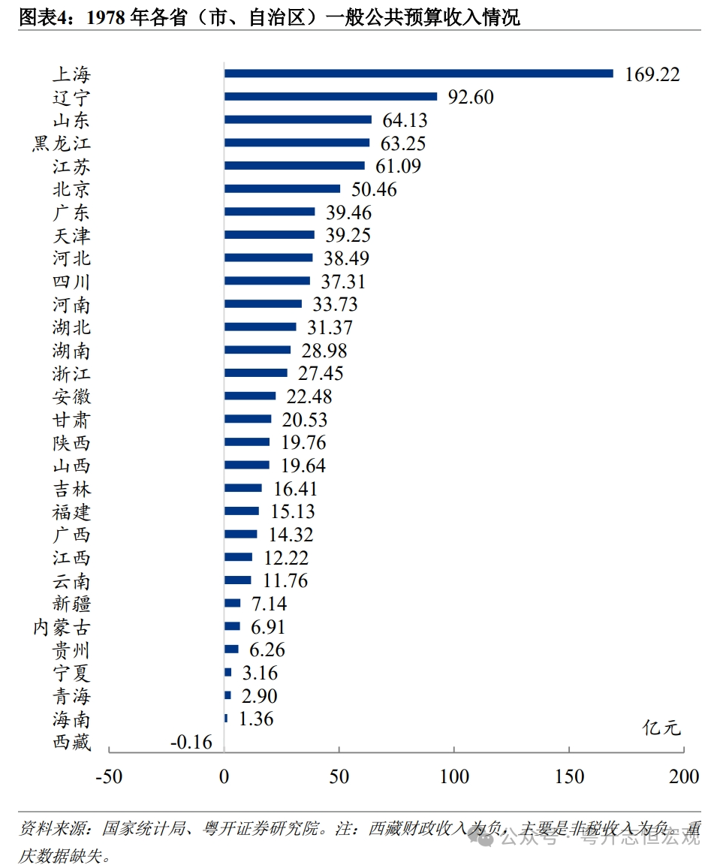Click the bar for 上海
click(418, 74)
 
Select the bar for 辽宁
click(330, 96)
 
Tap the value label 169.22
click(652, 74)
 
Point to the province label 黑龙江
click(62, 143)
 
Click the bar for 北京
click(282, 188)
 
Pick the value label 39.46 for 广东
click(348, 212)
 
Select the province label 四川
click(72, 281)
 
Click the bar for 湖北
click(261, 327)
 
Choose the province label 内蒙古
click(62, 626)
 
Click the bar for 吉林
click(243, 488)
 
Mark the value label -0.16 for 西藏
click(191, 742)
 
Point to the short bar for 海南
click(226, 719)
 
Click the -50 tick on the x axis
click(108, 776)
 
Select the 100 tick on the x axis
click(454, 776)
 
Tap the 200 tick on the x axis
click(684, 776)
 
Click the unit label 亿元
click(661, 727)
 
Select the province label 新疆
click(72, 603)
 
